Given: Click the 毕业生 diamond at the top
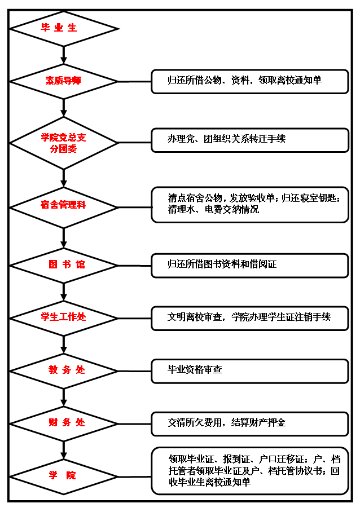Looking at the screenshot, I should tap(64, 28).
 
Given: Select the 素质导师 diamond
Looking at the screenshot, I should tap(64, 81).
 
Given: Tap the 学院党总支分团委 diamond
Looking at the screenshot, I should tap(64, 143).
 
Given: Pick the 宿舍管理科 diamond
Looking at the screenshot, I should tap(64, 206).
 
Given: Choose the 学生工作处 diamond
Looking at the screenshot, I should tap(64, 317).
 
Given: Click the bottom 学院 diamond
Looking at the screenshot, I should tap(64, 476).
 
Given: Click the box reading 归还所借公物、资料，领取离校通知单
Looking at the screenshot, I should tap(249, 81).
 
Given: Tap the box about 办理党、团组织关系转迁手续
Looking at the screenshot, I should tap(249, 139).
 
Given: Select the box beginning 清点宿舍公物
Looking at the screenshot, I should tap(249, 204).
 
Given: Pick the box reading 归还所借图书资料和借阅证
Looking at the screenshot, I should tap(249, 264).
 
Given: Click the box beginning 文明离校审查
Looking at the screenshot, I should tap(249, 317).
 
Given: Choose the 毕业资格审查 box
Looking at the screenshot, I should tap(249, 370).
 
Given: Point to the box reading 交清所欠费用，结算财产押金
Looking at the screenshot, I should tap(249, 423).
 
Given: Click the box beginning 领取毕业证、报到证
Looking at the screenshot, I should tap(249, 471).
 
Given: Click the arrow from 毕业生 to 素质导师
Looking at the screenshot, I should tap(64, 54).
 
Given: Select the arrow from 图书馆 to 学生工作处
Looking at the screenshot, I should tap(64, 292).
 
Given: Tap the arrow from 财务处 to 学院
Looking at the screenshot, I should tap(64, 449).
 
